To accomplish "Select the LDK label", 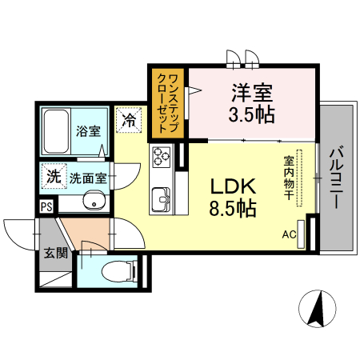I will click(x=234, y=186).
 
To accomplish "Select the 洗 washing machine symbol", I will click(x=53, y=177).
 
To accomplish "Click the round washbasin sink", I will click(x=96, y=202).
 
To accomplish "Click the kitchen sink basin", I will click(x=159, y=194).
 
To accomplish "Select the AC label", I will click(x=288, y=234).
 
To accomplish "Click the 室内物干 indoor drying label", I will click(x=288, y=178).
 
